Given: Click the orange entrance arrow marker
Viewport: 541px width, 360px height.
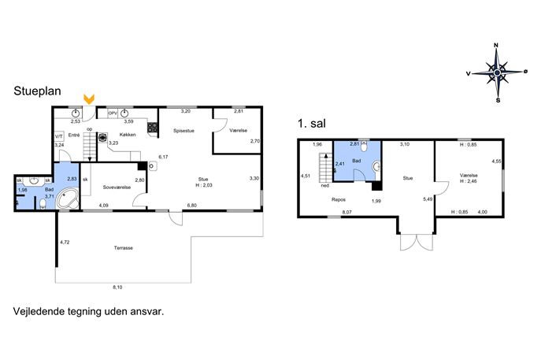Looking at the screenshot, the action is click(89, 99).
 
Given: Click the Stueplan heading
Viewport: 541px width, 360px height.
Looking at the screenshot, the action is click(37, 91).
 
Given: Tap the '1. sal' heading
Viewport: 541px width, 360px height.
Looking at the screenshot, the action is click(312, 124).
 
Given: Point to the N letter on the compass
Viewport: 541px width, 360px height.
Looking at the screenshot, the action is click(496, 45).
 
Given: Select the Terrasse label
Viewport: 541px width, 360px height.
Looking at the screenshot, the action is click(124, 248).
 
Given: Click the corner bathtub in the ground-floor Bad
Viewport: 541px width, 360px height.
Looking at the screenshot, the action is click(68, 199).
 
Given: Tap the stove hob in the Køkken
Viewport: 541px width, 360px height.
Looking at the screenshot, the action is click(153, 128).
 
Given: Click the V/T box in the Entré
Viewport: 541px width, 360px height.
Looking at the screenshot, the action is click(59, 136).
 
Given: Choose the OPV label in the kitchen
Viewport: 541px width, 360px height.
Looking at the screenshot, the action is click(113, 113).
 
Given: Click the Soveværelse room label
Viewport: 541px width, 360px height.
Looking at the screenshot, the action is click(117, 187).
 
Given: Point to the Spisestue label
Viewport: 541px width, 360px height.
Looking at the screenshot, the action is click(183, 131).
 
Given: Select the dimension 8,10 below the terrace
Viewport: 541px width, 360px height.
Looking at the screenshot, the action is click(117, 288).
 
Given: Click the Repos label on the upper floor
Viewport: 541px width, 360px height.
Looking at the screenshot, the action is click(339, 199).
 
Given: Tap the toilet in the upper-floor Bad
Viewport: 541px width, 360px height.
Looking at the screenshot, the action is click(363, 147).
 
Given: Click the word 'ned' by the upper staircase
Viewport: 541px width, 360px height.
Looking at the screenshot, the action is click(325, 185).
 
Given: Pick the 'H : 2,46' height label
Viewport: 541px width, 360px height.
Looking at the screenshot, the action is click(469, 181).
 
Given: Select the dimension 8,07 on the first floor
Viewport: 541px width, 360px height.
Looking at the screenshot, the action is click(346, 212).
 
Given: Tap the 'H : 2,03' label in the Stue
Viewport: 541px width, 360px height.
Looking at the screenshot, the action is click(204, 185).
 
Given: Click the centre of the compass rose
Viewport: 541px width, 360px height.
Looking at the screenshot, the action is click(497, 72).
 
